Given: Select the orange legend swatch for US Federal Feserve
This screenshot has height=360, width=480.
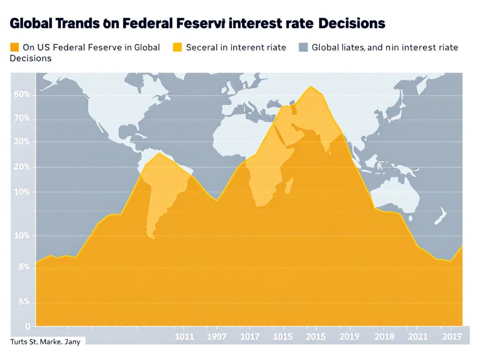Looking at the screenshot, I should (14, 47).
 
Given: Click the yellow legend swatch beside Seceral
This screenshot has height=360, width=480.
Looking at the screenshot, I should (177, 47).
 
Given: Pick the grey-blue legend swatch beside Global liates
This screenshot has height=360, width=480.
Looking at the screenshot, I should (303, 47).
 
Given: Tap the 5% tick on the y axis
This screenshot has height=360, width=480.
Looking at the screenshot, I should (24, 267).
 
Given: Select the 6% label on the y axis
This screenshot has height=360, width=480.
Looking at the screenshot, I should (24, 302).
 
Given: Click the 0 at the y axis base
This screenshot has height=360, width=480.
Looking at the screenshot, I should (27, 326).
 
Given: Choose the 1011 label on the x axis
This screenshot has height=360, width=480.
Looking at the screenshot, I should (184, 337).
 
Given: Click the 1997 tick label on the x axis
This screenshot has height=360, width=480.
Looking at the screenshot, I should (216, 337).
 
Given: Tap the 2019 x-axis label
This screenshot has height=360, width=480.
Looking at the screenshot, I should (349, 337).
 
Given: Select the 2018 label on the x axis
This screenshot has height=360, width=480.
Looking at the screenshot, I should (384, 337).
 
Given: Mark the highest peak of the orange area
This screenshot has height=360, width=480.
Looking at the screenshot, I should (311, 87).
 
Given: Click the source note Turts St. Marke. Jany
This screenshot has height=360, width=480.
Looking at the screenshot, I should (45, 342).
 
